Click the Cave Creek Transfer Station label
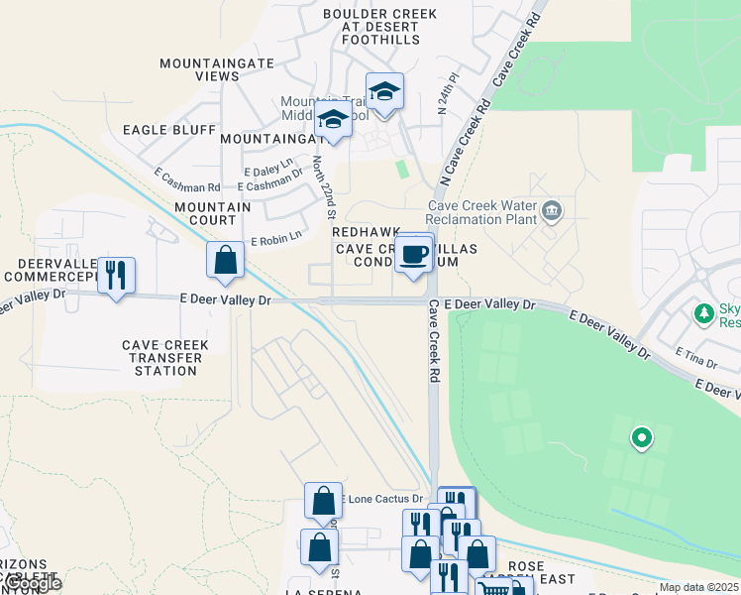pos(165,358)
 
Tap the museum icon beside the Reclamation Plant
pos(552,210)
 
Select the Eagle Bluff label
pos(168,130)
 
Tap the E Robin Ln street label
pos(274,240)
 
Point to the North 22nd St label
pos(325,186)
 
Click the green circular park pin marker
pos(642,436)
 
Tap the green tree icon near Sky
pos(704,314)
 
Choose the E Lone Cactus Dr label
pos(381,499)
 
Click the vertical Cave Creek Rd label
pos(434,342)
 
